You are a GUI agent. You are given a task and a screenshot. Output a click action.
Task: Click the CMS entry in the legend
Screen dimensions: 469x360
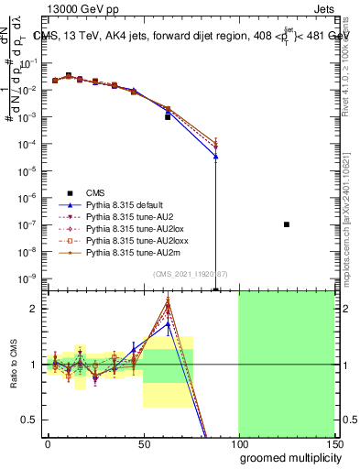[x=95, y=192]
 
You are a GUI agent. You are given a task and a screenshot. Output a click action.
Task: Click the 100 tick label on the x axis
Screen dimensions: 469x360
[x=238, y=443]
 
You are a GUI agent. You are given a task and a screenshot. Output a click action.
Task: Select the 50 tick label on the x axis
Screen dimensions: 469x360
[x=143, y=443]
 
